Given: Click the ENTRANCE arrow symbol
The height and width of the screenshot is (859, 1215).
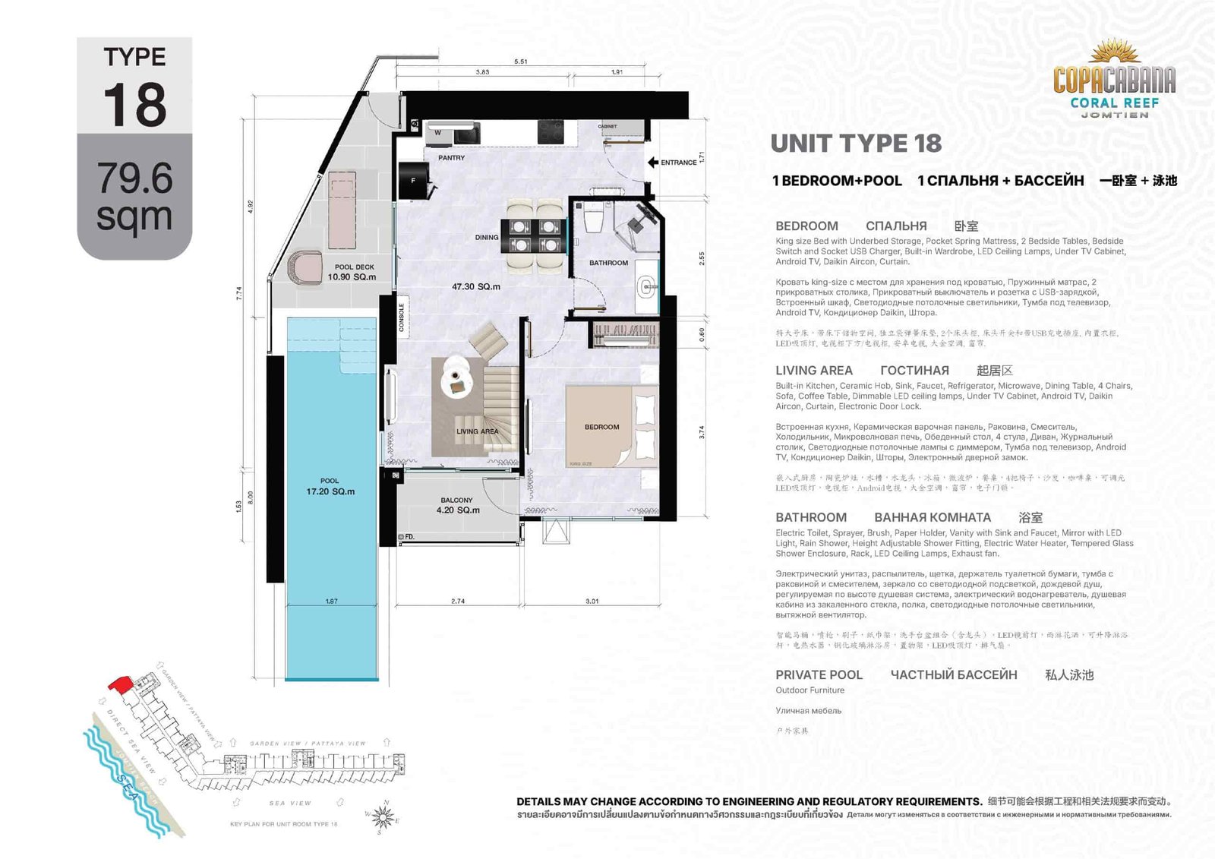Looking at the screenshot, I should [x=652, y=163].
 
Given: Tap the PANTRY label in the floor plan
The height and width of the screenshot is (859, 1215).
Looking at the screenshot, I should [x=451, y=158].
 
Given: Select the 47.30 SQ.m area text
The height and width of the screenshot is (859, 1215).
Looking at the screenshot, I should [x=476, y=287].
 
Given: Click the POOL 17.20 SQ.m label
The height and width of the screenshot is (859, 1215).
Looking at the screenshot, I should [x=330, y=487].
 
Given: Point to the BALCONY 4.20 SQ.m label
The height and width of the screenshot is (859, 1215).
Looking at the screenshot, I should [x=457, y=506].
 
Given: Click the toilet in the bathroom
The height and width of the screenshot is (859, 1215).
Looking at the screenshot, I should [x=594, y=219].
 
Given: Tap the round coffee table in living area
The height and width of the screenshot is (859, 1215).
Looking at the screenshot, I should [x=455, y=374].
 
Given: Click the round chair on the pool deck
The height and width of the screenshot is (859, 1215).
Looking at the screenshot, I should [x=305, y=268].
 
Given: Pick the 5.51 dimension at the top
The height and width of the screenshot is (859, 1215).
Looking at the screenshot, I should [x=520, y=62].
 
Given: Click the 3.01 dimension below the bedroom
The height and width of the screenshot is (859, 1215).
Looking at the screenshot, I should [x=592, y=601].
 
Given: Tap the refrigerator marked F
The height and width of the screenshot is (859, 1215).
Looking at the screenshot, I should [x=414, y=182].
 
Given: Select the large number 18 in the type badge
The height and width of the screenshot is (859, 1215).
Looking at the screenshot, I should [x=134, y=105].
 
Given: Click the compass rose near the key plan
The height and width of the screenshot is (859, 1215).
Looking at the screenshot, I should [x=383, y=817].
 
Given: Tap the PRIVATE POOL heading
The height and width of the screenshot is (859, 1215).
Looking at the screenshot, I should [x=819, y=674].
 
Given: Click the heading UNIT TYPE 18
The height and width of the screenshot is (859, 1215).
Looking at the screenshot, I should [x=856, y=144].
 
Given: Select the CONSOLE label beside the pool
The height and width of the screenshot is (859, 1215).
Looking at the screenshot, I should [x=402, y=317].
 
